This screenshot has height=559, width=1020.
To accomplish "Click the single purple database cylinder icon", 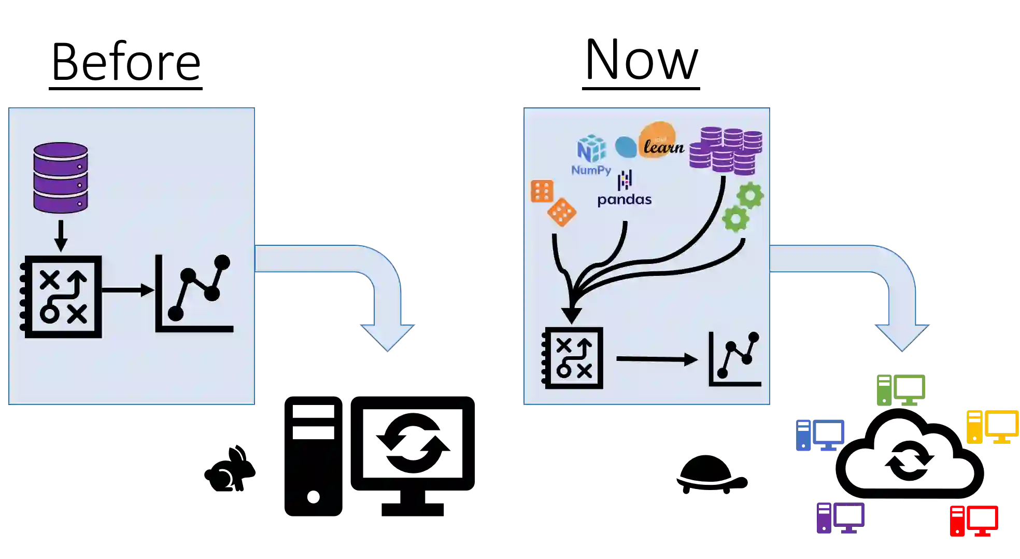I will pos(61,177).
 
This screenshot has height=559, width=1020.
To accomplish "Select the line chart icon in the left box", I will pos(194,294).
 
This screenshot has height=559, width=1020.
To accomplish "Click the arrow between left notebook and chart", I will pos(127,290).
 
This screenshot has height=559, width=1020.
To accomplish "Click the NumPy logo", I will pos(591,155).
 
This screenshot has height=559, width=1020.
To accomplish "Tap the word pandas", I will pos(625,200).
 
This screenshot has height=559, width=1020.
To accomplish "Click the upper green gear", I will pos(750,196).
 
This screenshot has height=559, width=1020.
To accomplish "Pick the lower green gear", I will pos(735,219).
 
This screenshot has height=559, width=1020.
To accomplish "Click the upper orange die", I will pos(542,191).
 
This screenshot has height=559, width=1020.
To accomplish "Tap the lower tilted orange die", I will pos(562,212).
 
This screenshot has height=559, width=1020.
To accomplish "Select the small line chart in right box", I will pos(735,359).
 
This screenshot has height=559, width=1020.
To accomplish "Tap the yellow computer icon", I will pos(992,425).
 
